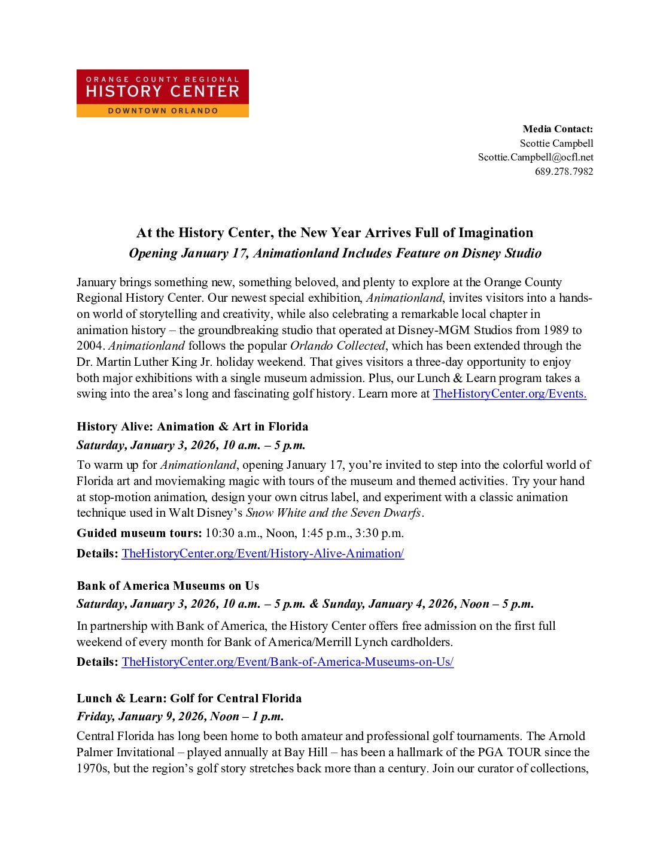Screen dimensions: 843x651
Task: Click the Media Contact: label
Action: coord(558,129)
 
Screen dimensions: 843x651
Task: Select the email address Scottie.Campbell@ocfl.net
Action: coord(536,157)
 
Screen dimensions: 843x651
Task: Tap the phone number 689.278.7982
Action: coord(564,171)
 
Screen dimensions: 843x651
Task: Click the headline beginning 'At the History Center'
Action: coord(334,232)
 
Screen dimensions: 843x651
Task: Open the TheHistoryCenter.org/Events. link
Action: coord(509,393)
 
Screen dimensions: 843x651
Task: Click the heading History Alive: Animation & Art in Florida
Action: coord(193,426)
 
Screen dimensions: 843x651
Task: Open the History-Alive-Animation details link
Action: coord(263,553)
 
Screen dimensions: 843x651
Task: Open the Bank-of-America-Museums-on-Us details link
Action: coord(287,662)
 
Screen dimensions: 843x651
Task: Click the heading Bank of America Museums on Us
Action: coord(168,586)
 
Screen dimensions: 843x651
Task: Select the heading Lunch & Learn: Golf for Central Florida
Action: coord(189,698)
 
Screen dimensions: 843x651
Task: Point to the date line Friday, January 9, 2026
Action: coord(180,716)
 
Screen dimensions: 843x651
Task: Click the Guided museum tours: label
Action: coord(139,533)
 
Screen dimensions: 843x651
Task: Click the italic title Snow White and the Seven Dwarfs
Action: coord(334,513)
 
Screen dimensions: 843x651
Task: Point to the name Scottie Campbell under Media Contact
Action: coord(556,143)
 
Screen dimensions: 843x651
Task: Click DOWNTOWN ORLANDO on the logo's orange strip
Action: coord(163,111)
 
